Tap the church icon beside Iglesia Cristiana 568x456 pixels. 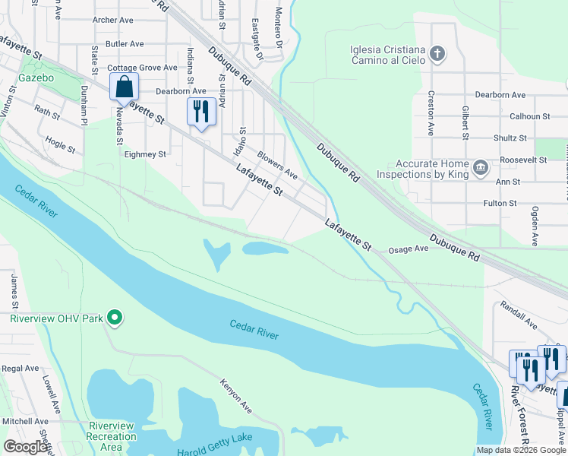[437, 54]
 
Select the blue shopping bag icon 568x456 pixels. [124, 87]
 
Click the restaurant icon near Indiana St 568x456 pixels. [200, 112]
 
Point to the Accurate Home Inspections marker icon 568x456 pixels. [480, 167]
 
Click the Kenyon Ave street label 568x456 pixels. [236, 396]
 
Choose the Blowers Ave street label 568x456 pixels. [277, 166]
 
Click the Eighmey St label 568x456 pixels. [144, 154]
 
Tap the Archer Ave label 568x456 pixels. [112, 20]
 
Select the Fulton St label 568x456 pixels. [500, 203]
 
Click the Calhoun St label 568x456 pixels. [529, 116]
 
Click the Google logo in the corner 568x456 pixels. [25, 446]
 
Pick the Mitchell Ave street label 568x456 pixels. [25, 420]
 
